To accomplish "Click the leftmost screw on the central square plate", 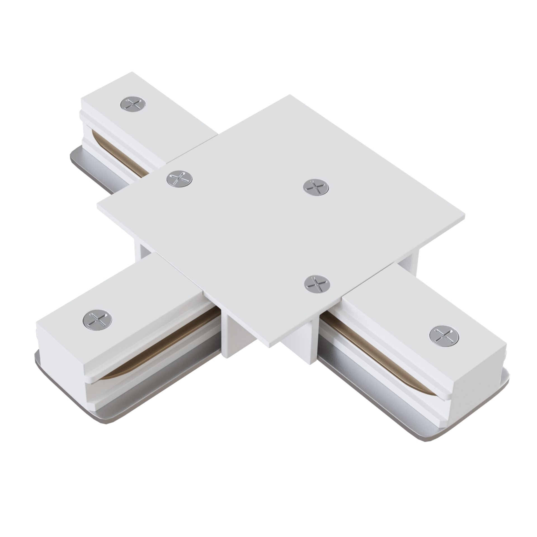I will pos(180,178).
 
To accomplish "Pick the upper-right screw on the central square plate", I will pos(316,186).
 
